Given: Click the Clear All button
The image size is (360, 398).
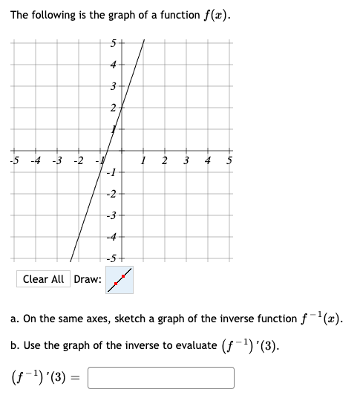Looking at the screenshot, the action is pyautogui.click(x=43, y=279).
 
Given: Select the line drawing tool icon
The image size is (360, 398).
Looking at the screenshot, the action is pyautogui.click(x=120, y=278).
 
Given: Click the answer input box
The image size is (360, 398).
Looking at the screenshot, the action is pyautogui.click(x=161, y=378).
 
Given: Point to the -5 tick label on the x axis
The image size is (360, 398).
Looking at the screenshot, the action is pyautogui.click(x=14, y=161).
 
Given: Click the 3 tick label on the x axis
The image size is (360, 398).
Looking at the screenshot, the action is pyautogui.click(x=186, y=161).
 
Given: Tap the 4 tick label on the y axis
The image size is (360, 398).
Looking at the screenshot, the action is pyautogui.click(x=114, y=65).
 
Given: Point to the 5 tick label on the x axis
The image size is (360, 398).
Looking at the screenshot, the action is pyautogui.click(x=229, y=161).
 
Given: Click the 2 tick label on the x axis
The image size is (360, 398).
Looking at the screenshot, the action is pyautogui.click(x=165, y=161).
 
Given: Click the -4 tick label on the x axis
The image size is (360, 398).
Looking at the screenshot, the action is pyautogui.click(x=35, y=161).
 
